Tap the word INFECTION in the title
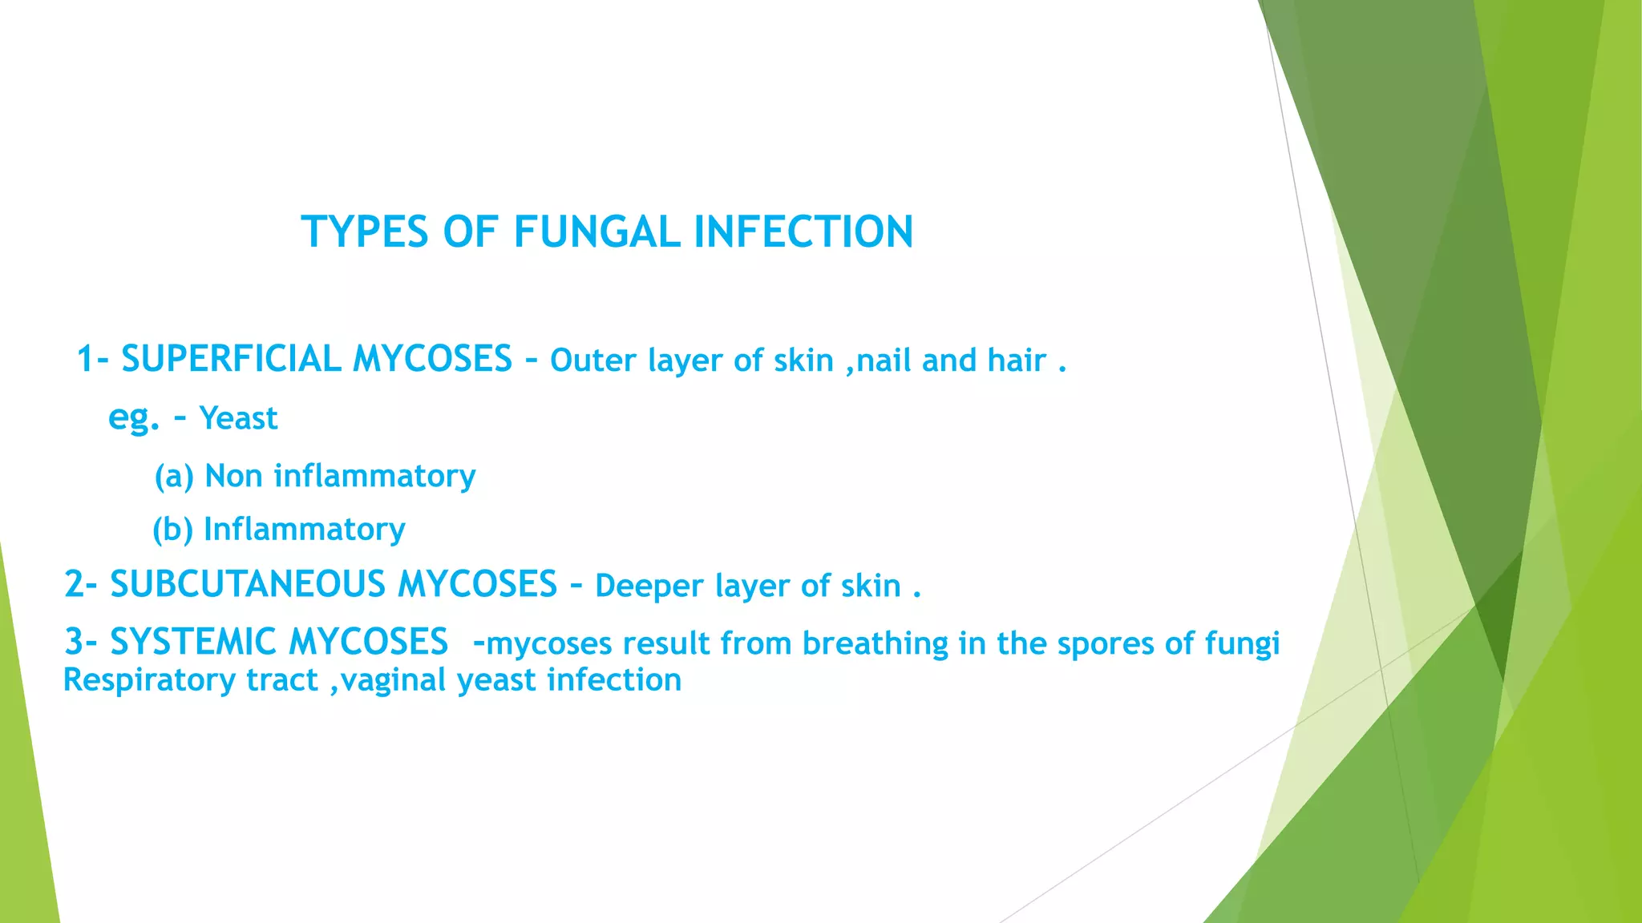coord(803,232)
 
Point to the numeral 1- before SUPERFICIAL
coord(92,359)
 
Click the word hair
coord(1017,361)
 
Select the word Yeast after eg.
coord(238,418)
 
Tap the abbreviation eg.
coord(134,418)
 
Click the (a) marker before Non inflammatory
coord(174,477)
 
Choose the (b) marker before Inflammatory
coord(172,530)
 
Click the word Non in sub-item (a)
coord(234,476)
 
